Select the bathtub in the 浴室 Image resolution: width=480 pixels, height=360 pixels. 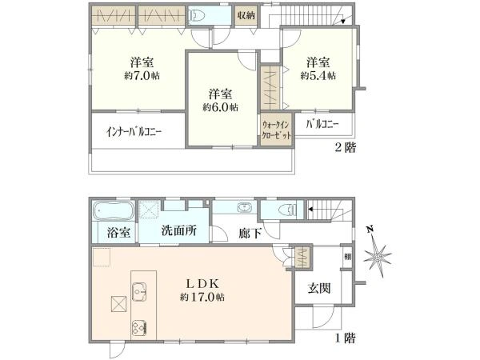click(111, 212)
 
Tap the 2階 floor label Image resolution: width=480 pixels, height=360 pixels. click(346, 148)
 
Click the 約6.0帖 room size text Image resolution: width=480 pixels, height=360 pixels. click(218, 107)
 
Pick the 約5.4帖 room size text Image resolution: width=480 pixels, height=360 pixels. click(318, 75)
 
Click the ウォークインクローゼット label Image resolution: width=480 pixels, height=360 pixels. click(277, 130)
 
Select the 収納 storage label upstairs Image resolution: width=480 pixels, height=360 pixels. click(245, 16)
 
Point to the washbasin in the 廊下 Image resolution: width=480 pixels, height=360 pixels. click(244, 210)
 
